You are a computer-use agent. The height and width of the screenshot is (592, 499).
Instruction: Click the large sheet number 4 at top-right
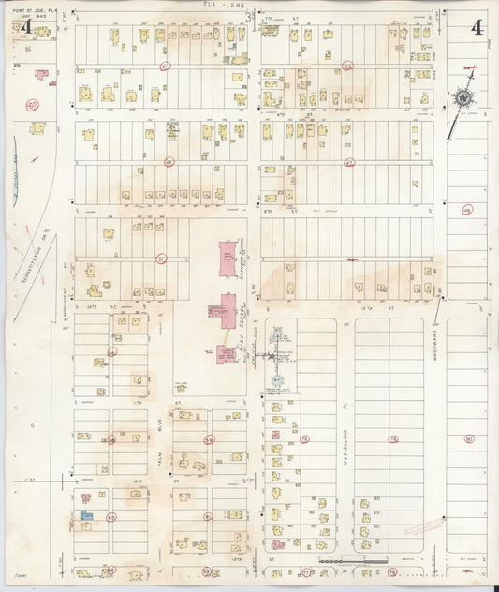click(x=477, y=27)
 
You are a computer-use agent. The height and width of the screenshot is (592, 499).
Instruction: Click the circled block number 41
click(x=165, y=67)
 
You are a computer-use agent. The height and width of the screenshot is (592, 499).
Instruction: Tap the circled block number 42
click(x=347, y=67)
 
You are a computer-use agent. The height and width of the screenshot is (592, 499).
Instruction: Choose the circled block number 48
click(x=466, y=210)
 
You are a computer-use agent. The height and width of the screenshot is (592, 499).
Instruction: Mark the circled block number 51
click(x=160, y=259)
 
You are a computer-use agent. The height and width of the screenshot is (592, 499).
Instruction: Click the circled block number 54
click(x=112, y=352)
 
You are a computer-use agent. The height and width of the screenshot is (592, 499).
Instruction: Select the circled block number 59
click(x=210, y=438)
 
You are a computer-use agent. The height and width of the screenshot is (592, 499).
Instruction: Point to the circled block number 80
click(x=469, y=437)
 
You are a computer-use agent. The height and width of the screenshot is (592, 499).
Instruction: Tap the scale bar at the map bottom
click(x=351, y=562)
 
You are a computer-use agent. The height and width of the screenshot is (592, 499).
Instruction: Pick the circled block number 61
click(x=207, y=516)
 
